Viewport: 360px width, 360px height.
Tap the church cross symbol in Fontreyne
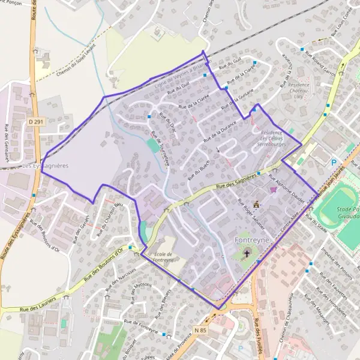click(x=247, y=254)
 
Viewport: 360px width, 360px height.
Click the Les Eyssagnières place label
click(x=44, y=164)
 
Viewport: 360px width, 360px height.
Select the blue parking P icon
click(x=334, y=162)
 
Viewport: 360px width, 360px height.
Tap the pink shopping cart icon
click(x=274, y=189)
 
